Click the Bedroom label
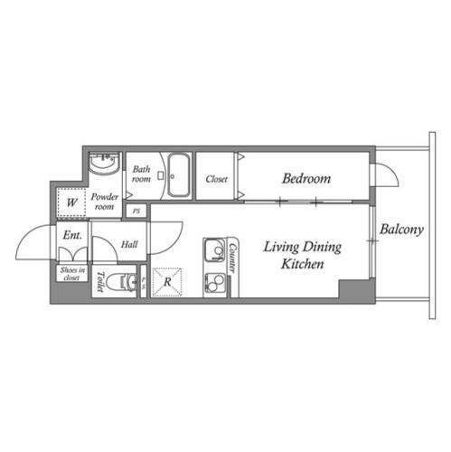306,178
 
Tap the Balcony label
401,230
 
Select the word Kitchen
303,264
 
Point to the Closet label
216,179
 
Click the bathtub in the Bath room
179,175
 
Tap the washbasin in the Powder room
105,163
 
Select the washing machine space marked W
71,202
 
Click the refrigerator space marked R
167,282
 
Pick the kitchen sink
214,250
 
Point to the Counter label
233,258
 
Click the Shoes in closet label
72,274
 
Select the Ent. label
72,235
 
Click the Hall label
129,244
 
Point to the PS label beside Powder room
136,211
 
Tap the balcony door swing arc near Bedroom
392,170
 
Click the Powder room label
104,202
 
